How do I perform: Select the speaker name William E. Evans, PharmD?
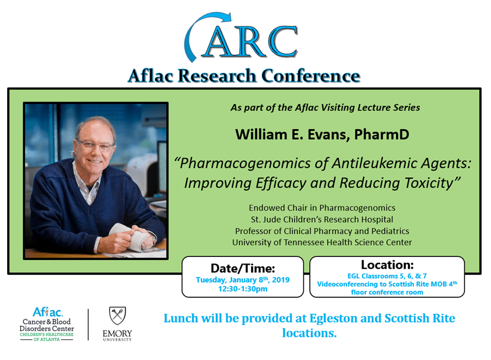tap(322, 134)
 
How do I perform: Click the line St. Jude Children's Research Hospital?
tap(322, 219)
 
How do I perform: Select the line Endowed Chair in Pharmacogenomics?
tap(322, 208)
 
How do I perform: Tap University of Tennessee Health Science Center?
tap(322, 242)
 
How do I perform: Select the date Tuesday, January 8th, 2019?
tap(243, 279)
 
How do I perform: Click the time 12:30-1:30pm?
tap(243, 290)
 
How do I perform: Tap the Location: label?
tap(387, 264)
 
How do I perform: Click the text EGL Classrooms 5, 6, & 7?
tap(387, 275)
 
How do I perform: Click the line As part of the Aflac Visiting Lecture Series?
tap(325, 107)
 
